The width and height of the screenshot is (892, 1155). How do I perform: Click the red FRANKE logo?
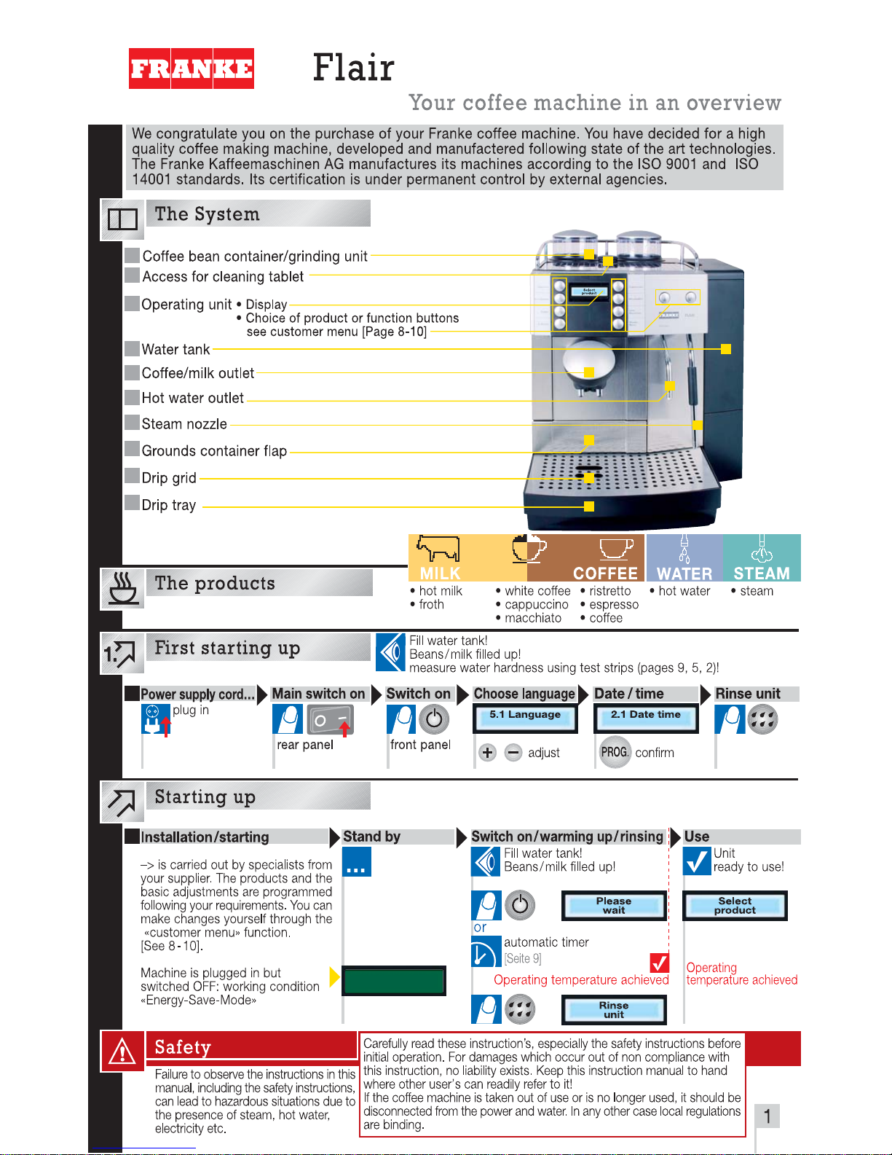[192, 68]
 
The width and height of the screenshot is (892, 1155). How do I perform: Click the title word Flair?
[353, 68]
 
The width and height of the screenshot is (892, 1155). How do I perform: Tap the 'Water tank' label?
[175, 350]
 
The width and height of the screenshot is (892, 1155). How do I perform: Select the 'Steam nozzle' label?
[184, 424]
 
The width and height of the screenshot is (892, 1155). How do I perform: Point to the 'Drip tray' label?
[169, 505]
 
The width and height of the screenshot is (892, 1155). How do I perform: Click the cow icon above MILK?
[438, 548]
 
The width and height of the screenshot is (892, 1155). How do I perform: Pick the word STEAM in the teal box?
[762, 573]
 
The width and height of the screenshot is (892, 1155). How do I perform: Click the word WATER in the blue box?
[684, 573]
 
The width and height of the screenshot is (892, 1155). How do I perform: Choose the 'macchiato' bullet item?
[533, 618]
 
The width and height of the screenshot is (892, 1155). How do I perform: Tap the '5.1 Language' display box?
[525, 718]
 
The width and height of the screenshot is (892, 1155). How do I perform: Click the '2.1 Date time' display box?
[646, 718]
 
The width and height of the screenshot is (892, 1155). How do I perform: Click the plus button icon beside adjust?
[488, 753]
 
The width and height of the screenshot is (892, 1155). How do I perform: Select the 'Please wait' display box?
[614, 906]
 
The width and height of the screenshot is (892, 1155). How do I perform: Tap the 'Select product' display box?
[735, 906]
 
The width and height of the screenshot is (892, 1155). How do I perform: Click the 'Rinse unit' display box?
[614, 1010]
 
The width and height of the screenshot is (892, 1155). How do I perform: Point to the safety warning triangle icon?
[122, 1052]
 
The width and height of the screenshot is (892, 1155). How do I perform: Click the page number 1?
[767, 1116]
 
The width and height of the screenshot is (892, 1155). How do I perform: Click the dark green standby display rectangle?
[394, 981]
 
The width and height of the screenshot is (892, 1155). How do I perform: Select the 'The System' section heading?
[208, 214]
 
